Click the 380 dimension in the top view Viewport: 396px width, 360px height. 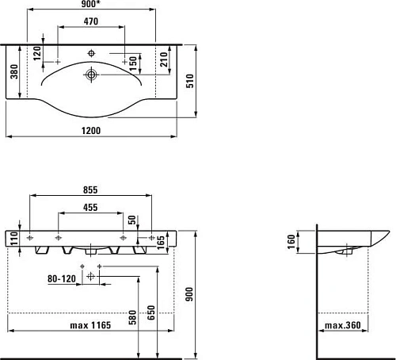(13, 74)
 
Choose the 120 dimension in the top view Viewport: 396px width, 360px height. (36, 54)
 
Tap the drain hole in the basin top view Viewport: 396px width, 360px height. (93, 76)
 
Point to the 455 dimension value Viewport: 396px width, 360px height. (90, 209)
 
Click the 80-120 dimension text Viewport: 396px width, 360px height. (61, 278)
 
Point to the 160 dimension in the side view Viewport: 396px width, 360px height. (291, 239)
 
